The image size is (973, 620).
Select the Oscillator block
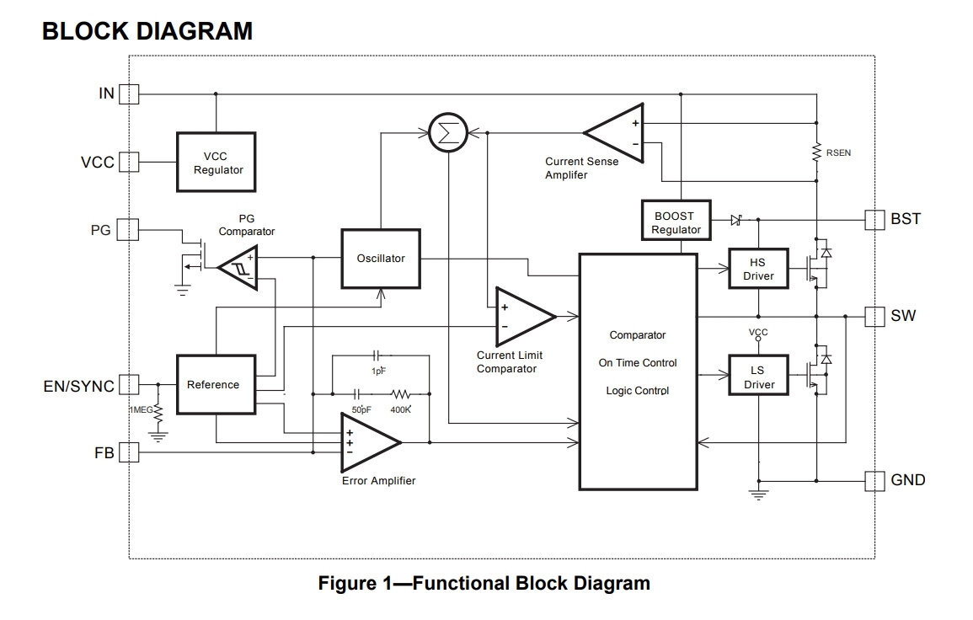[381, 259]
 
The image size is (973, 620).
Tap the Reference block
[215, 384]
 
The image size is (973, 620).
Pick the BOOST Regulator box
[676, 222]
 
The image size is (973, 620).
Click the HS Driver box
[757, 269]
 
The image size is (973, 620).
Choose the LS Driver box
[757, 378]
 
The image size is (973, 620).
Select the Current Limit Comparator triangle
[521, 317]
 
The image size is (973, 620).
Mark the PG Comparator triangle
[238, 268]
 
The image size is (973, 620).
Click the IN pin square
[128, 94]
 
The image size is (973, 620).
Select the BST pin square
[876, 219]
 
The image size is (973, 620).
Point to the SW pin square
[876, 317]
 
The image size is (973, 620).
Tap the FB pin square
[128, 453]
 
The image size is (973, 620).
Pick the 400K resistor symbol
[401, 393]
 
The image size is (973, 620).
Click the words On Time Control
[638, 363]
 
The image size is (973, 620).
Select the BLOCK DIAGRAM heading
[147, 31]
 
